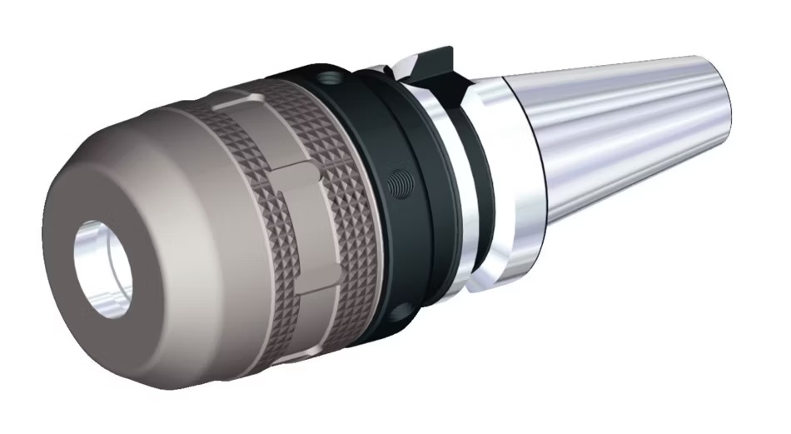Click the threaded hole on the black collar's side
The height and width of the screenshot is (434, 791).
click(x=401, y=180)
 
